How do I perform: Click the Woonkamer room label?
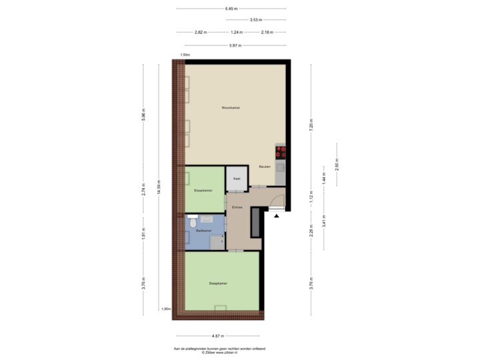point(231,107)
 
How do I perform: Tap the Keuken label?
point(265,167)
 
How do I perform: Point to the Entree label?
point(237,208)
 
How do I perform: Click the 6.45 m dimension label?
point(231,9)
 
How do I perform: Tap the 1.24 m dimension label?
point(235,32)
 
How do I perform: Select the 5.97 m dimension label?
point(235,45)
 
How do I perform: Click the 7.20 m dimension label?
point(311,123)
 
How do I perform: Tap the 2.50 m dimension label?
point(337,163)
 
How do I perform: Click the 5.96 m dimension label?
point(143,115)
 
